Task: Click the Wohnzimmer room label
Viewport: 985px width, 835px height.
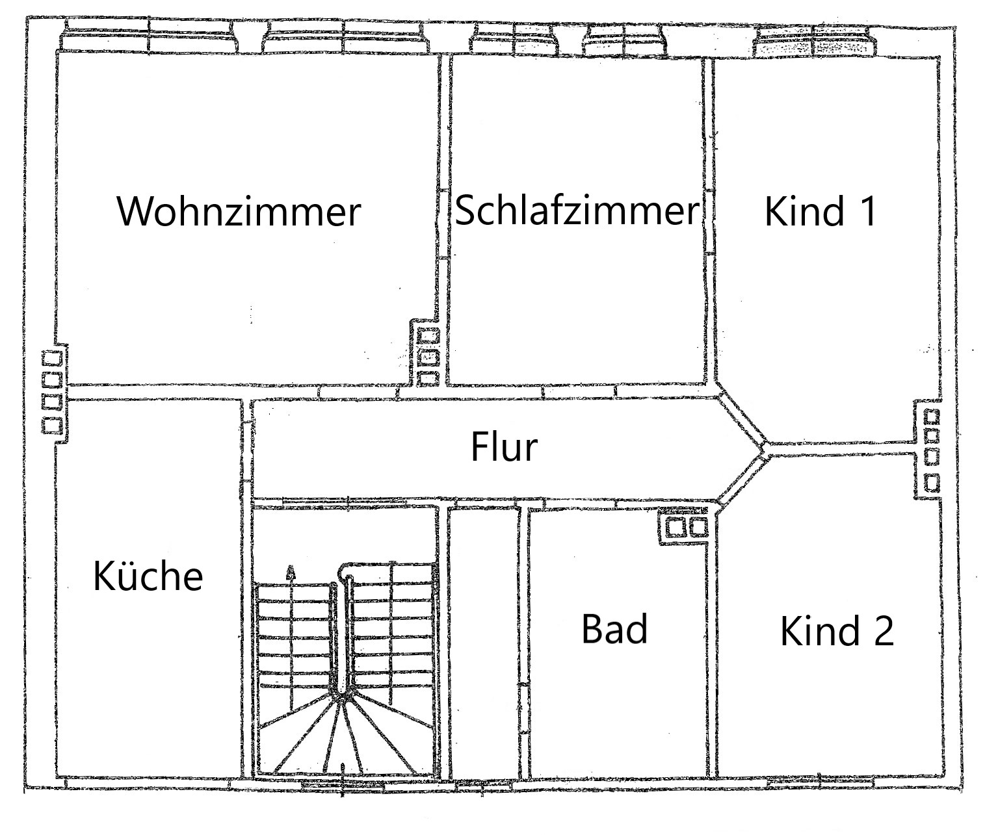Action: point(239,211)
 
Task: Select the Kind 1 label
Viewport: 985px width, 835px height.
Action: point(821,211)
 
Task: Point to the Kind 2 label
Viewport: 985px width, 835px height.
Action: point(837,631)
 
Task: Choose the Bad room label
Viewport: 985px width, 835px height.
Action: point(615,628)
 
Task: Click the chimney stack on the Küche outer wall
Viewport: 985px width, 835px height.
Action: point(53,393)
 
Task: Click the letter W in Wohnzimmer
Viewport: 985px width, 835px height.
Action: point(137,211)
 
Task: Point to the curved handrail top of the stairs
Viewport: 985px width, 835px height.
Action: point(346,569)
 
